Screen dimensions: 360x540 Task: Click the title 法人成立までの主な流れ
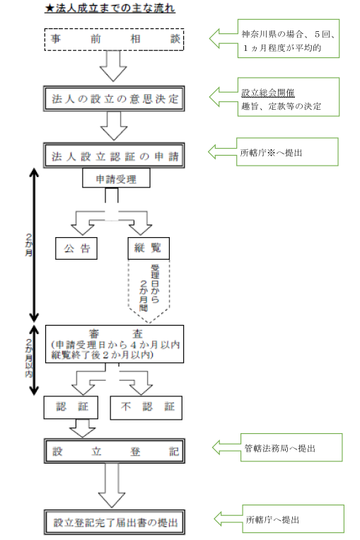(x=110, y=8)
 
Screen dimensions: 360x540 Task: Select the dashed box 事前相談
(x=114, y=40)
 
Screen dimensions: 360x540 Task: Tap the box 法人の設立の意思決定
(x=114, y=98)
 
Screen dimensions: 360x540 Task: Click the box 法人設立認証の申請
(x=114, y=156)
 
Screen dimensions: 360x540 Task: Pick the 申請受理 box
(x=116, y=178)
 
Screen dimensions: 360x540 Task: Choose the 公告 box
(x=76, y=248)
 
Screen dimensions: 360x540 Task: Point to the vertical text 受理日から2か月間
(x=149, y=288)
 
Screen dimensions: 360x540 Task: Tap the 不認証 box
(x=146, y=408)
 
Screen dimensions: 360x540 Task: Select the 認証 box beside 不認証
(x=71, y=407)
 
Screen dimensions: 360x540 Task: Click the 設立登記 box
(x=115, y=451)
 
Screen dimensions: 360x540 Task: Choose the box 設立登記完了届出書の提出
(x=115, y=522)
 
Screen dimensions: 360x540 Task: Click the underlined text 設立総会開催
(x=268, y=93)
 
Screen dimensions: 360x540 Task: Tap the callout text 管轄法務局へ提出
(x=280, y=448)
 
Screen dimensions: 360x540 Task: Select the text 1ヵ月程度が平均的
(x=281, y=48)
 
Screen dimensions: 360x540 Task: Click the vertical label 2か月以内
(x=29, y=358)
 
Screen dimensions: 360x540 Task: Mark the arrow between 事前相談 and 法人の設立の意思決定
(x=113, y=66)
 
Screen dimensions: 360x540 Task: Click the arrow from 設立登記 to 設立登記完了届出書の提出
(x=112, y=486)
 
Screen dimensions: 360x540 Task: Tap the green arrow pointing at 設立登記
(x=226, y=447)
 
